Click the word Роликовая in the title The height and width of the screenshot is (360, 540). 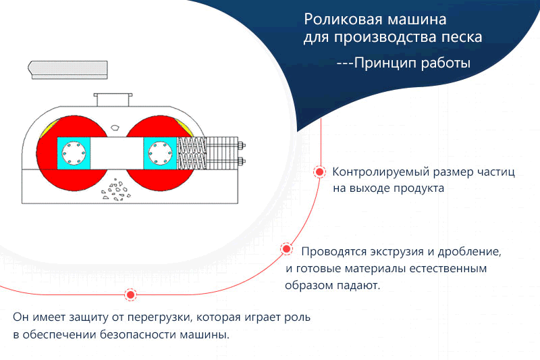345,20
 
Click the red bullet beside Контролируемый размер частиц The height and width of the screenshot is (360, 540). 319,172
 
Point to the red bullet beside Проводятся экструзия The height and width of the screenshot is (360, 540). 286,249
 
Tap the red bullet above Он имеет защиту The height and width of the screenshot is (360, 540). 130,294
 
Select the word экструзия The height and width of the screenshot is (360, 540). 398,252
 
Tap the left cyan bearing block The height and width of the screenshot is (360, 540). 74,153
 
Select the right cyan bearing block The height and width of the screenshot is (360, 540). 160,153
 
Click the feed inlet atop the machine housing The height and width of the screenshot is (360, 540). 113,99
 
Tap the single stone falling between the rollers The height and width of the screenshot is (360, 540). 115,128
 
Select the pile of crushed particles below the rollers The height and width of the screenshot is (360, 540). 116,190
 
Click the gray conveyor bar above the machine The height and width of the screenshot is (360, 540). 68,70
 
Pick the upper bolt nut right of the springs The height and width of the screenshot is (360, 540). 242,146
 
